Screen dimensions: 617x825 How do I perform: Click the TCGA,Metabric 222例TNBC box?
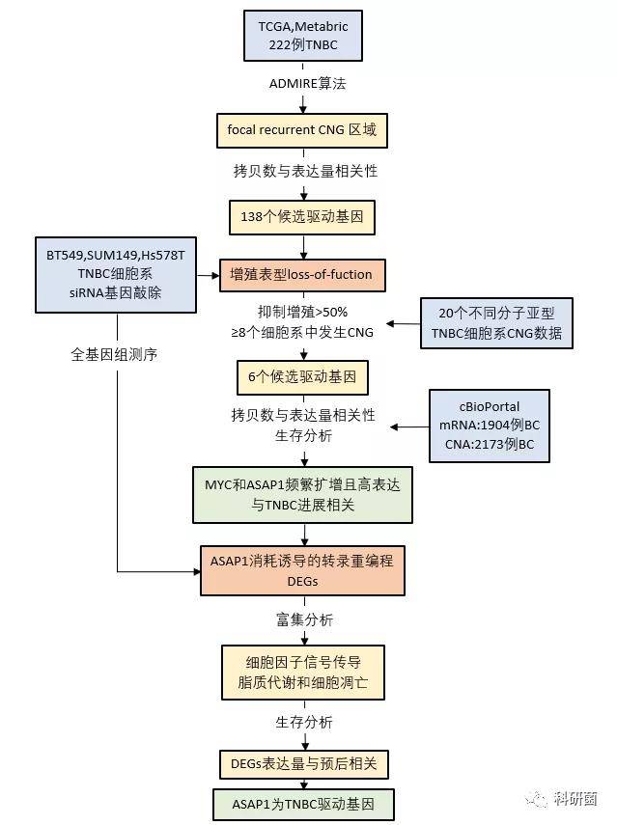303,36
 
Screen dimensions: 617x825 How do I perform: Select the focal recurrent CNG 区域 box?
302,130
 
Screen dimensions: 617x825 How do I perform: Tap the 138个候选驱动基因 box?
302,217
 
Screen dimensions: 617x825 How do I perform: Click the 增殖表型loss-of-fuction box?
302,275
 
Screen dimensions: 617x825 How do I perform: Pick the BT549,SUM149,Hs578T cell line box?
116,275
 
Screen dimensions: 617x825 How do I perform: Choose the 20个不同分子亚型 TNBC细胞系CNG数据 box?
496,323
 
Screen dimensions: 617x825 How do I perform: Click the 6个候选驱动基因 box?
302,377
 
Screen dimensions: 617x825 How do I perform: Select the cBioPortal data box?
490,426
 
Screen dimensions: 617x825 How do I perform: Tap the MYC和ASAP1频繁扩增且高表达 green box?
303,495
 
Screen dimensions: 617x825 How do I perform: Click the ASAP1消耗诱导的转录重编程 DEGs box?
303,571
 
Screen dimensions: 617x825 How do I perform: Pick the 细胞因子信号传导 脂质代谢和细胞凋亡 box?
303,673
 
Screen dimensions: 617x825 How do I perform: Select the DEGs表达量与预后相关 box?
304,764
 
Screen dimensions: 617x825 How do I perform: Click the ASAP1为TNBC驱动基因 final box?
303,804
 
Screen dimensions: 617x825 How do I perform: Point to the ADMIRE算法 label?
307,84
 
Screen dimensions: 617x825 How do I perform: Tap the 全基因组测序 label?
114,355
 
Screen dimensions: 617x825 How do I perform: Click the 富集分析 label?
304,619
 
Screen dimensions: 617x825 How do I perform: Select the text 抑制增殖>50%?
303,312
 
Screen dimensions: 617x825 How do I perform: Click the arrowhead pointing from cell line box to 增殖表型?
214,275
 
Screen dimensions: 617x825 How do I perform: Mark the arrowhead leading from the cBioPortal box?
395,426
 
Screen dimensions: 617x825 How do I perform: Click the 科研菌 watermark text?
575,799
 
